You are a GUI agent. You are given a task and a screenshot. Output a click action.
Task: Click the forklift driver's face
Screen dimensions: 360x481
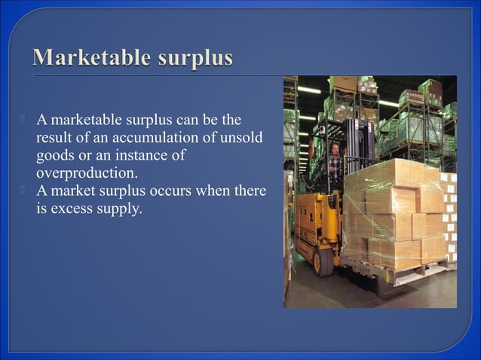(x=335, y=148)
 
